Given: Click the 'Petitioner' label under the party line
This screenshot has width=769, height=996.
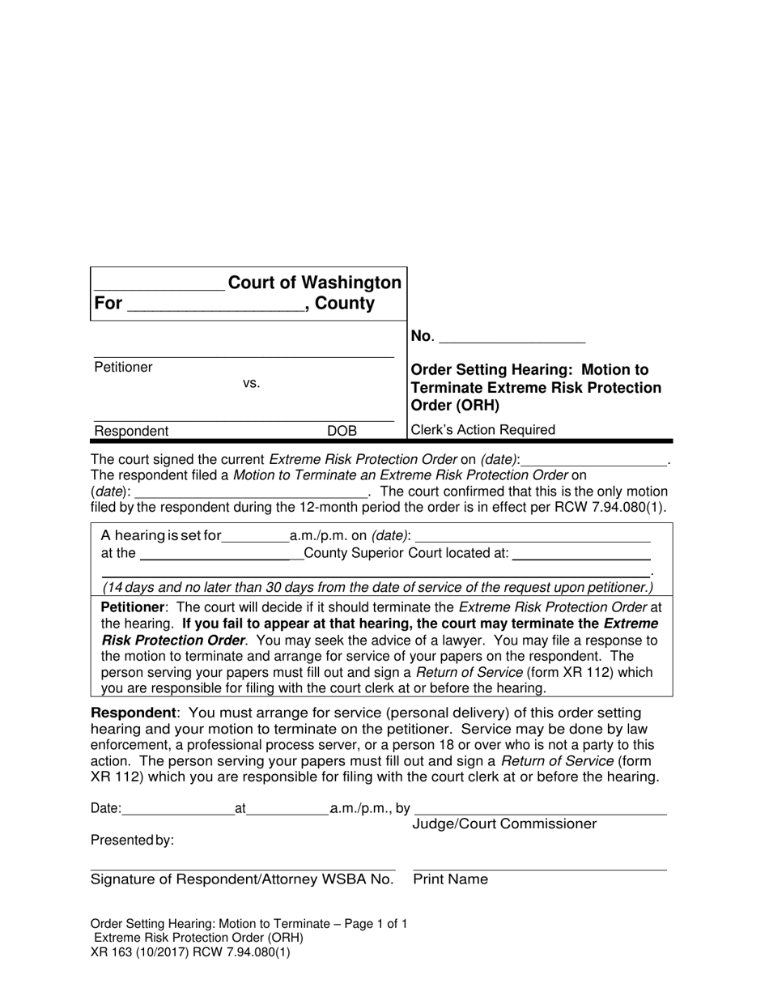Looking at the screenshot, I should [x=123, y=368].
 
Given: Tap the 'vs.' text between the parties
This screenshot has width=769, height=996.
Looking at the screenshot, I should [x=252, y=384].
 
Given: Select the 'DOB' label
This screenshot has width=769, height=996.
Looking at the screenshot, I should [x=342, y=432].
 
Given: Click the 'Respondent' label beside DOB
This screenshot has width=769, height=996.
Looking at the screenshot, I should [x=132, y=432].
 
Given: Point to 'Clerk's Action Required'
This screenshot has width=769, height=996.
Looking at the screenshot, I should [x=483, y=430].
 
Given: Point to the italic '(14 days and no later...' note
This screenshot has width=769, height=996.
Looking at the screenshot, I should [x=377, y=588].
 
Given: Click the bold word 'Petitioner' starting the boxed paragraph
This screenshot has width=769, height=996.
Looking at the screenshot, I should [x=134, y=607].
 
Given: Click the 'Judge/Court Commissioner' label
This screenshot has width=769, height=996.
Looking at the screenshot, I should [x=505, y=824].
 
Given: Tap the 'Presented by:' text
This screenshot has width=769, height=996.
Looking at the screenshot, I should [x=132, y=841].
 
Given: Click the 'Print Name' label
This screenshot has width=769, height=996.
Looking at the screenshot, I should [x=451, y=879].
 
